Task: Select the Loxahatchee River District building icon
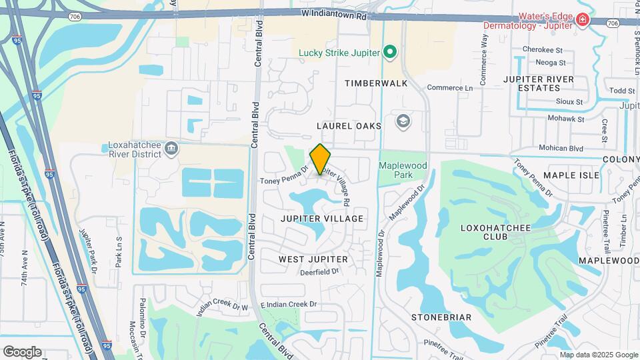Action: pos(172,147)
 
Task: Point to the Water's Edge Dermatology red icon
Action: pos(583,20)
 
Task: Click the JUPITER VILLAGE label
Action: pos(322,219)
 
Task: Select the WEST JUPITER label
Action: pos(313,259)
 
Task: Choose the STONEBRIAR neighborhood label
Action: pos(441,317)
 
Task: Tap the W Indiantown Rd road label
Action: pos(334,13)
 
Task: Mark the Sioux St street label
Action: pos(569,103)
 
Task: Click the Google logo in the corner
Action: pos(22,351)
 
